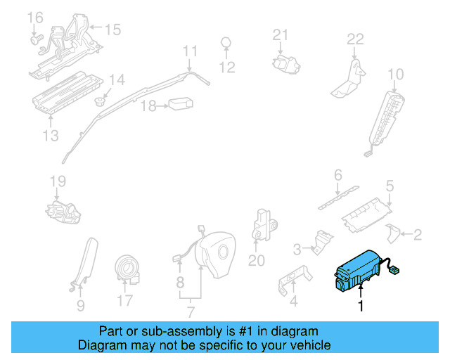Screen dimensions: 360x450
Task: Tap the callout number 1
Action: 361,306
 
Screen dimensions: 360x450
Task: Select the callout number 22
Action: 355,39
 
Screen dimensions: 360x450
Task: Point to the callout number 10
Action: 396,74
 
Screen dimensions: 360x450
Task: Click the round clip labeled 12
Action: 226,43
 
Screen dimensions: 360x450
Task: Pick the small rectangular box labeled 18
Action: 181,103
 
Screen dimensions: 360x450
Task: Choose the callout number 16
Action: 34,16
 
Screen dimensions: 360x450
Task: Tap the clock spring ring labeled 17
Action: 129,269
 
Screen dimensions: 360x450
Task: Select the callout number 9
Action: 80,305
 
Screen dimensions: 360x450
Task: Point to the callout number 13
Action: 50,135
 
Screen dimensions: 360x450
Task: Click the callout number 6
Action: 337,174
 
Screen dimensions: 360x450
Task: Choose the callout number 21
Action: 281,34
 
